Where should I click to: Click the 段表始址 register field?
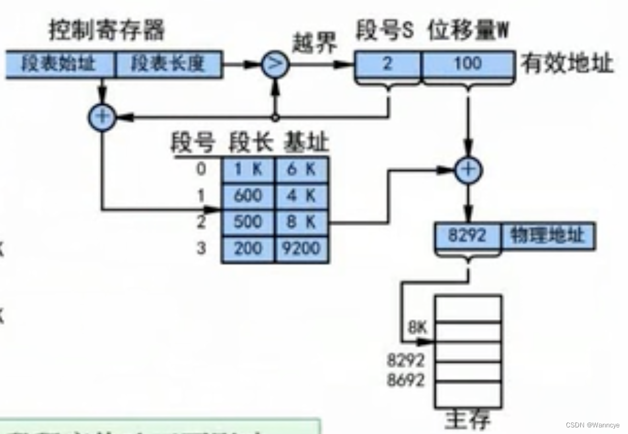[x=60, y=64]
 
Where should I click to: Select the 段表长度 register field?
[x=169, y=64]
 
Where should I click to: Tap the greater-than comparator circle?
[x=274, y=64]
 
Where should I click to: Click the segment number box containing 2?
[x=387, y=64]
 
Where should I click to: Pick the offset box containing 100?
[x=468, y=64]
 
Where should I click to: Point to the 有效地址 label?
[x=567, y=64]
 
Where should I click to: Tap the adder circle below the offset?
[x=468, y=171]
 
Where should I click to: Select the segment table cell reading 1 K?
[x=248, y=169]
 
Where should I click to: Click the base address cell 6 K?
[x=301, y=169]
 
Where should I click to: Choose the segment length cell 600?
[x=248, y=196]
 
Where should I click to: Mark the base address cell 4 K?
[x=301, y=196]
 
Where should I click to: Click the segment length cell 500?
[x=248, y=222]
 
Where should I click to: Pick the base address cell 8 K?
[x=301, y=222]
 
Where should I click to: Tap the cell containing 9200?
[x=301, y=249]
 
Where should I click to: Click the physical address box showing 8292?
[x=468, y=236]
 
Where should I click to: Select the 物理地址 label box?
[x=547, y=236]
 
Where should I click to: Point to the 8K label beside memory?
[x=417, y=328]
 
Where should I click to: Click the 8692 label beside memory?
[x=406, y=380]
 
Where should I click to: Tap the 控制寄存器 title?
[x=107, y=30]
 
